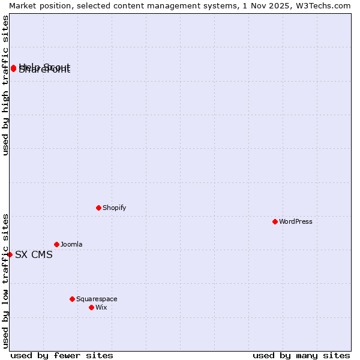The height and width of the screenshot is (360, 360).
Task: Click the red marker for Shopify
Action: tap(98, 208)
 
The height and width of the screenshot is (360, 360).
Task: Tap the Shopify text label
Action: tap(114, 208)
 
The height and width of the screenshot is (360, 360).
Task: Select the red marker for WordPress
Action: tap(275, 221)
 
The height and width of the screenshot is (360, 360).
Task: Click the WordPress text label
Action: tap(295, 221)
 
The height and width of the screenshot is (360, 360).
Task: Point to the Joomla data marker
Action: tap(56, 244)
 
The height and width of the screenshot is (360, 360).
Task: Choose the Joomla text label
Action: tap(71, 244)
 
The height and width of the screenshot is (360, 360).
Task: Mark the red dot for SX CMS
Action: tap(10, 254)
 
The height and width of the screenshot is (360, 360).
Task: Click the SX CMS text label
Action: tap(34, 254)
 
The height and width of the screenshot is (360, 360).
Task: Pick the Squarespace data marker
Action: tap(72, 299)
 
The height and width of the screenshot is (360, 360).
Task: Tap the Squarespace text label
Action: tap(97, 299)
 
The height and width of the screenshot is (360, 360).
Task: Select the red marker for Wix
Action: tap(91, 307)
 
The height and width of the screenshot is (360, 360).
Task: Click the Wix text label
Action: tap(101, 307)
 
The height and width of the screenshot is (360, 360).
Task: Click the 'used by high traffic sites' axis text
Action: tap(5, 86)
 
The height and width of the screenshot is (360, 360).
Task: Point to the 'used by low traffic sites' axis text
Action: tap(5, 280)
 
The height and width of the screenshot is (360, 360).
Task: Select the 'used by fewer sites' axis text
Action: tap(62, 355)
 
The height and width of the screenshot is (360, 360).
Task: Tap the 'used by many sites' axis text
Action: tap(301, 355)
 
